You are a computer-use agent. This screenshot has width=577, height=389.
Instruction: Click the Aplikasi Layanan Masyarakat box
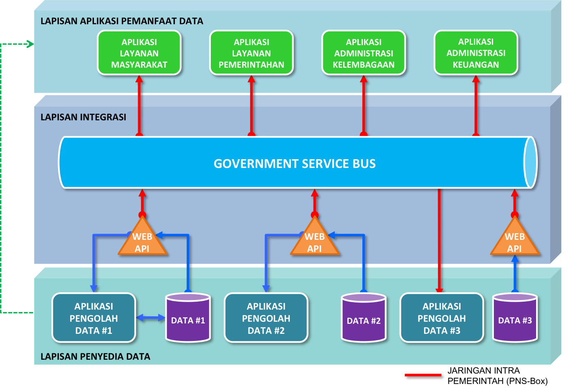139,53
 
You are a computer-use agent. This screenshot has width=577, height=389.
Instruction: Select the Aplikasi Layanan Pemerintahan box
251,53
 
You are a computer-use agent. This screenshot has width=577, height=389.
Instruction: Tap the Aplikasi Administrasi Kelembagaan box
364,53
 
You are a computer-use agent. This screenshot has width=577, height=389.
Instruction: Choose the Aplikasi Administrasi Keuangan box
476,53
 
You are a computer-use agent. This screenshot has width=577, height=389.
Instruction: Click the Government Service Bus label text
294,163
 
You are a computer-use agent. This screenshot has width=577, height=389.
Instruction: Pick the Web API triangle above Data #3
514,240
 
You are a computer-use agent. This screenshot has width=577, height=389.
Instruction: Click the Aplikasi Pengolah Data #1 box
94,318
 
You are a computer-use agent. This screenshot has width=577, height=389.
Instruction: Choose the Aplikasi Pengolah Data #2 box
266,318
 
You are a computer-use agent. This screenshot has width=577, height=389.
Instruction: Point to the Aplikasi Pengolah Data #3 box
442,318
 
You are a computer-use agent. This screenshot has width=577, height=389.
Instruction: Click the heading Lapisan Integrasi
83,117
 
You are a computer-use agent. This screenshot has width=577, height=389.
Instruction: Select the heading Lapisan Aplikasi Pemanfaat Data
121,21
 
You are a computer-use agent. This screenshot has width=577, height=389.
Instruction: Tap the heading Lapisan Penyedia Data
95,356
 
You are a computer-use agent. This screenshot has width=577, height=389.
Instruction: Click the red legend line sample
424,376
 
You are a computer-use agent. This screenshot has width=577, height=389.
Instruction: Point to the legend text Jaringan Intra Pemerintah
497,376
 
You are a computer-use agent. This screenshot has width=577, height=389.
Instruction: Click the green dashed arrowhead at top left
30,44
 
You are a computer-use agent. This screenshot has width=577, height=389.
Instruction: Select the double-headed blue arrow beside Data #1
151,318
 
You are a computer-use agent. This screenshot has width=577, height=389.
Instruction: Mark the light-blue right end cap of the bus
530,163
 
